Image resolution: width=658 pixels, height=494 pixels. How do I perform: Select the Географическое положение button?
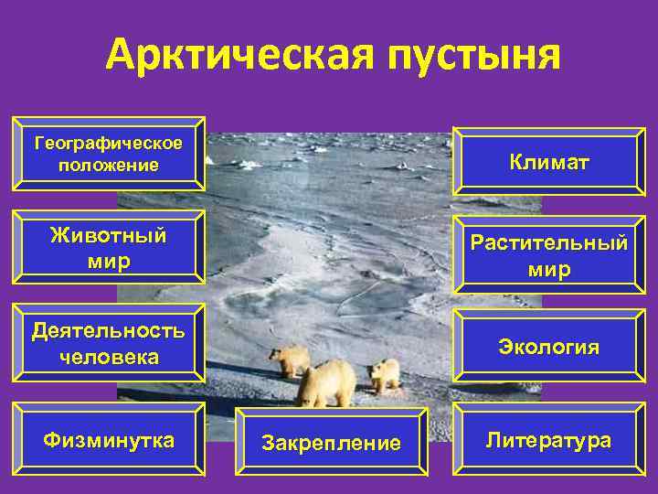click(108, 154)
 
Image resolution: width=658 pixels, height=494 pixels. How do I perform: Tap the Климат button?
click(549, 162)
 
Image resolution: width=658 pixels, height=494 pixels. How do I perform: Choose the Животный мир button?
click(108, 248)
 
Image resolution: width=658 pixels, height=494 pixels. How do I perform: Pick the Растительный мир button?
click(549, 255)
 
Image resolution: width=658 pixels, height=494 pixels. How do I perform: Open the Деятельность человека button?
click(108, 343)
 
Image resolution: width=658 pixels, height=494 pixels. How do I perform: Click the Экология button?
click(549, 347)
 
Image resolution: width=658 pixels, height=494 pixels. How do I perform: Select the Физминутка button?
click(108, 440)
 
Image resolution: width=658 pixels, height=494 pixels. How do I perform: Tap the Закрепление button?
click(331, 443)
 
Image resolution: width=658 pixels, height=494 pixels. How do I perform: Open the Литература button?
click(549, 440)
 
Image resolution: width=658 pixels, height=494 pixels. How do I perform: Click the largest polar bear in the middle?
click(326, 382)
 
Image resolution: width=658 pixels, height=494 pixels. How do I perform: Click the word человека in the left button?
click(108, 356)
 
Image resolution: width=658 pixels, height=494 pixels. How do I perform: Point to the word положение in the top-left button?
click(108, 166)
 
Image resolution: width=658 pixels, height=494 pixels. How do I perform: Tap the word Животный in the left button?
click(108, 236)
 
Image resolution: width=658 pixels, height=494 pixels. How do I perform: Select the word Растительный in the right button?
click(549, 243)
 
